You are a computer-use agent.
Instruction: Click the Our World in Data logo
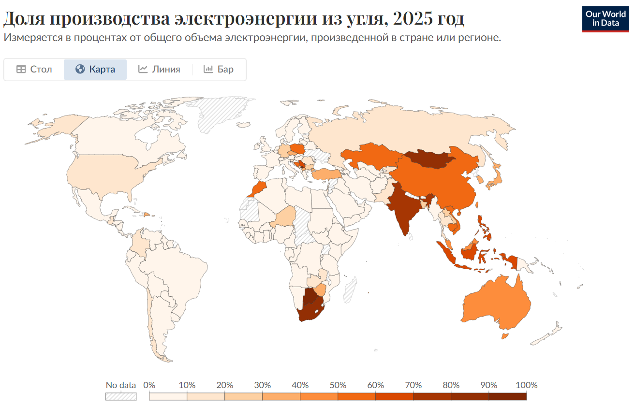[x=605, y=19]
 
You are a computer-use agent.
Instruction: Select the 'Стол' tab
[x=34, y=69]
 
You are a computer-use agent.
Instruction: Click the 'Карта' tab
[x=95, y=69]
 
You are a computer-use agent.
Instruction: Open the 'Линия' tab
[x=159, y=69]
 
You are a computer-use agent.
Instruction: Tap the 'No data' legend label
[x=121, y=385]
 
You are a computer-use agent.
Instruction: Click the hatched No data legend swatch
[x=121, y=396]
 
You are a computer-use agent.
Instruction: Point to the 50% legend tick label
[x=338, y=385]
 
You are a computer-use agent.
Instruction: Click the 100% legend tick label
[x=526, y=385]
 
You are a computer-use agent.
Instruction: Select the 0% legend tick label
[x=149, y=385]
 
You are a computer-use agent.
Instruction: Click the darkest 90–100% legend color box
[x=507, y=396]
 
